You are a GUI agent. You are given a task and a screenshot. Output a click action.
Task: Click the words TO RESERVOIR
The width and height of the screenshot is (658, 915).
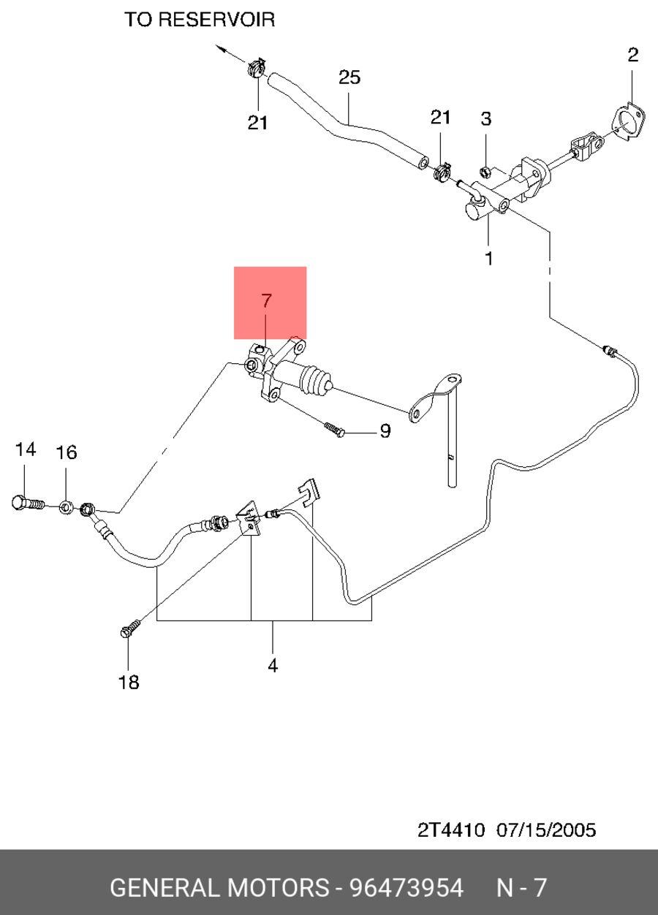click(200, 20)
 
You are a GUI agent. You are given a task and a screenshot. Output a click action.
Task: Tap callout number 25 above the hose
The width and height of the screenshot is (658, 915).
click(349, 77)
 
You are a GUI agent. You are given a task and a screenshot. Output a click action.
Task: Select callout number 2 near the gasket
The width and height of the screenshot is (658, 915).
click(632, 55)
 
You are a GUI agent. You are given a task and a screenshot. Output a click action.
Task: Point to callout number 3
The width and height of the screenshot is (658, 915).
click(485, 118)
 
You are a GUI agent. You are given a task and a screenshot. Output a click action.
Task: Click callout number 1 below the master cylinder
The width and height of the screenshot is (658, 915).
click(489, 258)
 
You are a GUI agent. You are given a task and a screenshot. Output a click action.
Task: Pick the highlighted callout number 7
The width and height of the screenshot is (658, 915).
click(266, 300)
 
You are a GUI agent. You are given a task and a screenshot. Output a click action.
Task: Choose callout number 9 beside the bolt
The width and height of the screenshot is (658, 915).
click(385, 430)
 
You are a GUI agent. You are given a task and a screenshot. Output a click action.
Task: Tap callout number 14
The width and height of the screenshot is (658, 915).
click(26, 449)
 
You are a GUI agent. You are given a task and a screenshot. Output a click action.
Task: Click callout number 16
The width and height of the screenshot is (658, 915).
click(67, 452)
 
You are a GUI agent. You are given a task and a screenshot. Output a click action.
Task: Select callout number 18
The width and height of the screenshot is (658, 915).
click(129, 682)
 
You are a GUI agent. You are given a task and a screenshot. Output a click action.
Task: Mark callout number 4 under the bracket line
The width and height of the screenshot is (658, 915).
click(273, 665)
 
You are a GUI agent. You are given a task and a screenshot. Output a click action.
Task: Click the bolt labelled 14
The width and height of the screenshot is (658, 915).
click(28, 504)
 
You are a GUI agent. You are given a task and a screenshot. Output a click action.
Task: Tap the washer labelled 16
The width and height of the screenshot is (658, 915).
click(67, 508)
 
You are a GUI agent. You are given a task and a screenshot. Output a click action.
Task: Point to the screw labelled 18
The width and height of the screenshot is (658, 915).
click(130, 628)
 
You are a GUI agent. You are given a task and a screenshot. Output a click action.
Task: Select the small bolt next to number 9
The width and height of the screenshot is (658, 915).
click(335, 429)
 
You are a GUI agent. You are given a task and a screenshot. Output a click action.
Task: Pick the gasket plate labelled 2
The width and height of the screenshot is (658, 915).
click(629, 123)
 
